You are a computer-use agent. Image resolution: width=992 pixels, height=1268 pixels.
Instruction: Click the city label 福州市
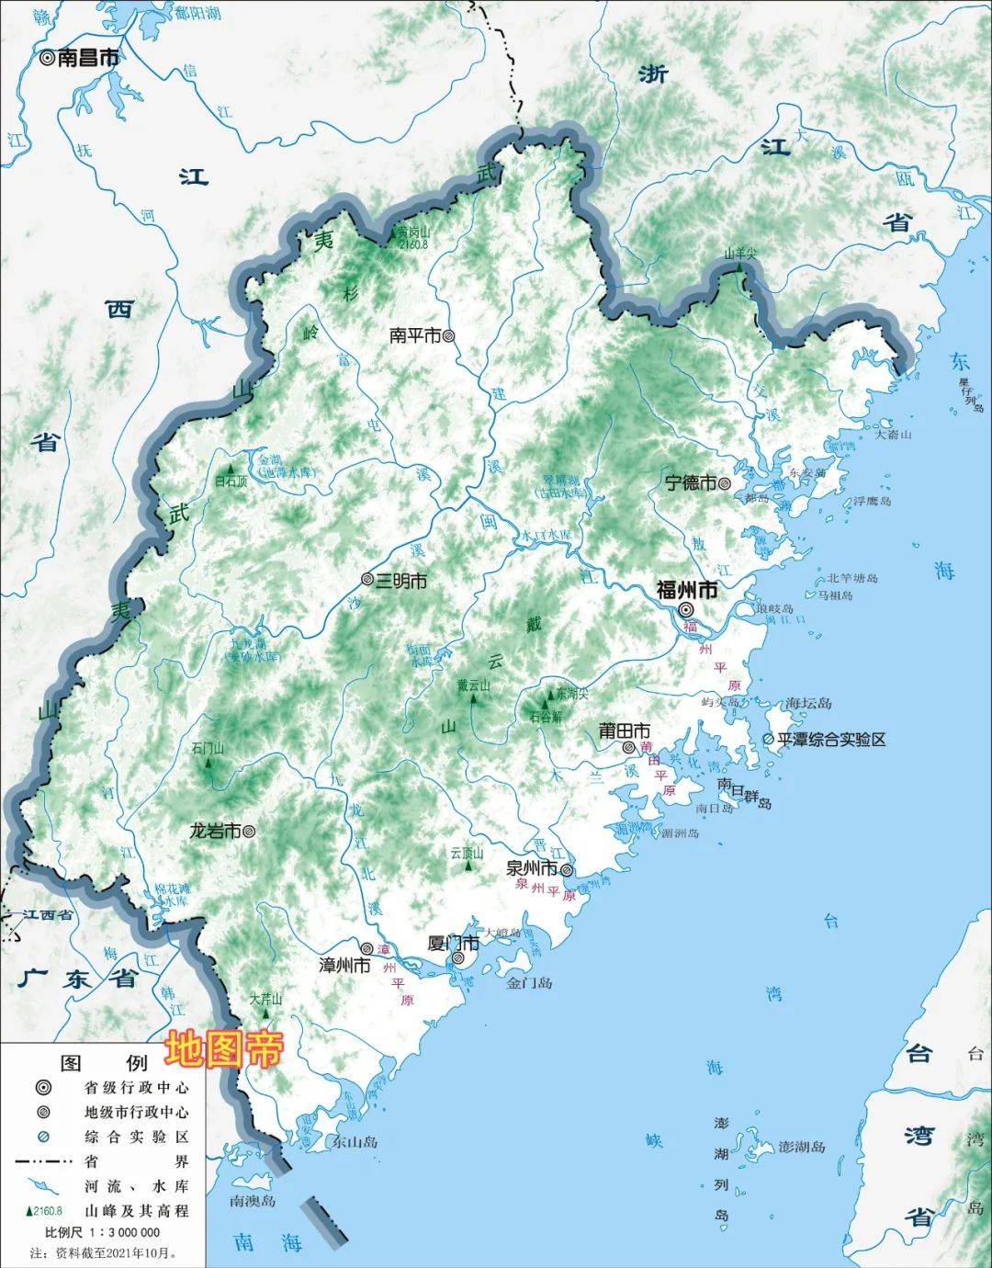pyautogui.click(x=686, y=589)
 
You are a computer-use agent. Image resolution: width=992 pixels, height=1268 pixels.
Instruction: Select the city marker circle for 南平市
pyautogui.click(x=449, y=336)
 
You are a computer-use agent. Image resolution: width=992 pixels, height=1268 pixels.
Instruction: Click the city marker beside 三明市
pyautogui.click(x=367, y=581)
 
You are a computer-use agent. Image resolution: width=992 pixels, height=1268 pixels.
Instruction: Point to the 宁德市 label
pyautogui.click(x=690, y=482)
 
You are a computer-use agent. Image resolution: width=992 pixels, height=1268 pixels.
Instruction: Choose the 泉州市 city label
pyautogui.click(x=532, y=868)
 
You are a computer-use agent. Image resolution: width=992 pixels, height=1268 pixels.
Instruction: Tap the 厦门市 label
pyautogui.click(x=454, y=943)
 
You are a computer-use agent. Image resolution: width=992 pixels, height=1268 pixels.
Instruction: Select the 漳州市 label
pyautogui.click(x=344, y=966)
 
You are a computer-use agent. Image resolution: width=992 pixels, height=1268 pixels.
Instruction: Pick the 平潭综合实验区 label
pyautogui.click(x=831, y=739)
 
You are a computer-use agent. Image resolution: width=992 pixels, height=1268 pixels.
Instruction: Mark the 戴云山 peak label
pyautogui.click(x=474, y=685)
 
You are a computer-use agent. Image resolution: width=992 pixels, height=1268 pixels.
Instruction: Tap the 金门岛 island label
pyautogui.click(x=530, y=982)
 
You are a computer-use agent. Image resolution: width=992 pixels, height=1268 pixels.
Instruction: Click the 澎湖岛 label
pyautogui.click(x=802, y=1147)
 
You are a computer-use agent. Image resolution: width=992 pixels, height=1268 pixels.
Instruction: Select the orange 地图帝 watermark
pyautogui.click(x=223, y=1049)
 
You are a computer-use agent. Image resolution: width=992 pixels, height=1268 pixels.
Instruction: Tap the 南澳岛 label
pyautogui.click(x=253, y=1200)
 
